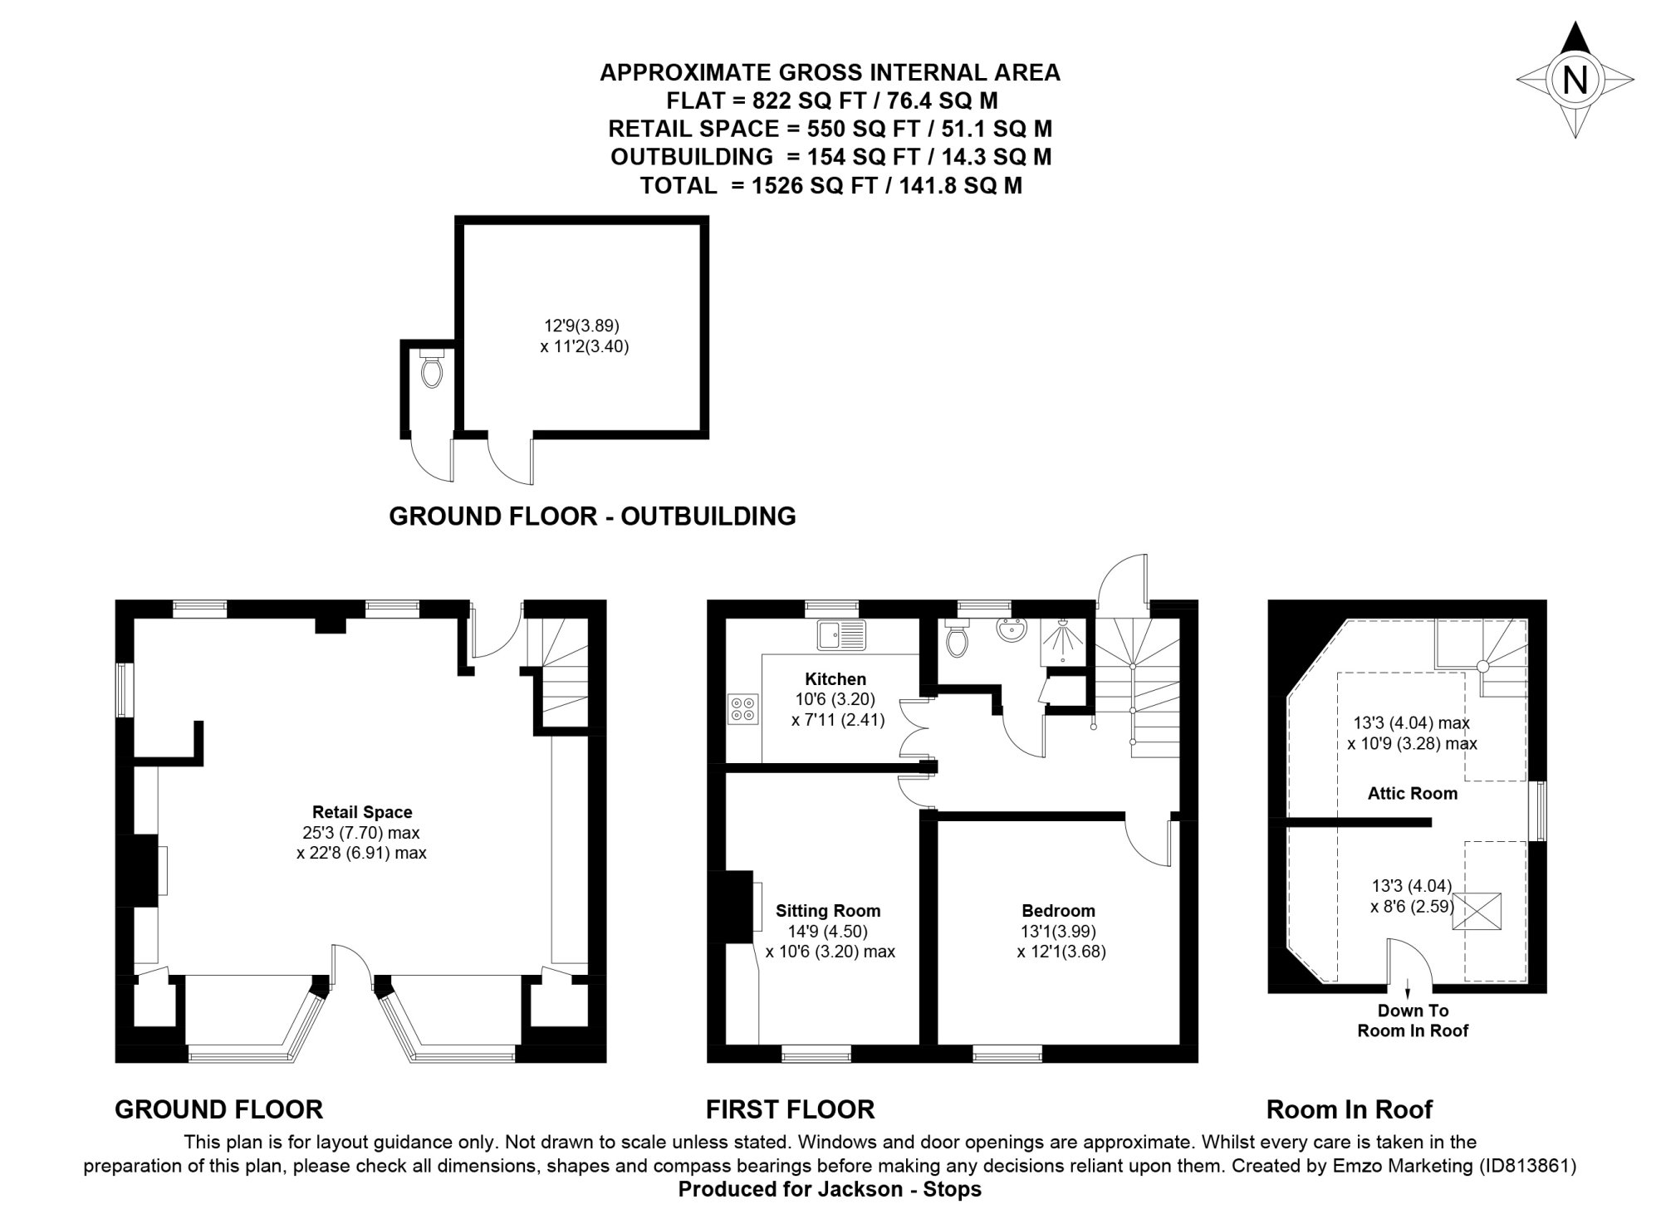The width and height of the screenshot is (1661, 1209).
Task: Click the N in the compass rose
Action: pos(1575,81)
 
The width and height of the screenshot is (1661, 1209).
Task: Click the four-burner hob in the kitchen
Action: pos(742,708)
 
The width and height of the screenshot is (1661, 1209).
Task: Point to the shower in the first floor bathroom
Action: pos(1063,642)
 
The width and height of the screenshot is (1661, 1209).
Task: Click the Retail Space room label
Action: pos(362,812)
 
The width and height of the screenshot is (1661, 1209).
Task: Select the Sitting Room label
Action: pos(828,910)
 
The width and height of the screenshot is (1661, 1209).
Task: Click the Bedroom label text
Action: pos(1058,910)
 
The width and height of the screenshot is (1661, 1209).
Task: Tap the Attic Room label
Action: pos(1412,793)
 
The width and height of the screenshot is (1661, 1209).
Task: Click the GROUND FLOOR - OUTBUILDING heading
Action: pos(592,516)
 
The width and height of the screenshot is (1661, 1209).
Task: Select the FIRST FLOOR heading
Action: pos(790,1109)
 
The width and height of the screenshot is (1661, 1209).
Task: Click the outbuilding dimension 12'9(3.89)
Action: pos(581,325)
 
